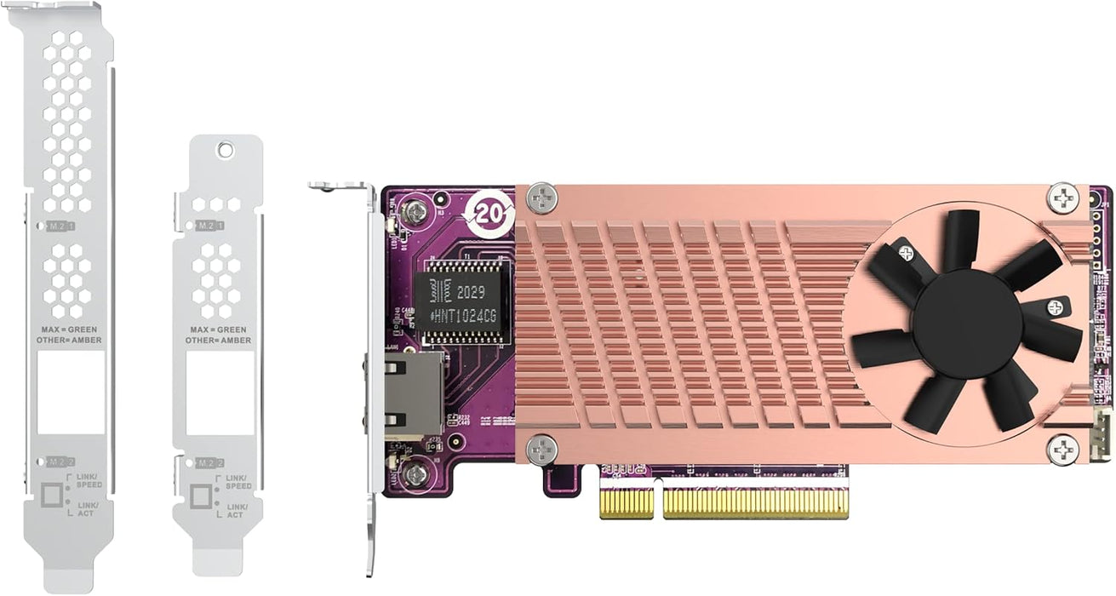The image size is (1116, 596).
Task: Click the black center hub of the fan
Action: point(966,320)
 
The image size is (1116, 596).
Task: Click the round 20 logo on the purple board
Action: point(492,214)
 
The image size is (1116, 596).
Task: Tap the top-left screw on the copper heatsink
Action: point(542,199)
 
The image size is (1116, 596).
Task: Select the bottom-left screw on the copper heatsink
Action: point(542,448)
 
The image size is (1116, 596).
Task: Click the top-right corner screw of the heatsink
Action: point(1062,198)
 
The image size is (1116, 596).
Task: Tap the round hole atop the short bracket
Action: point(225,150)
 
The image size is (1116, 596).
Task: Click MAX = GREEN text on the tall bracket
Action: point(72,329)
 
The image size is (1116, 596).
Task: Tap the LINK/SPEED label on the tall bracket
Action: point(89,480)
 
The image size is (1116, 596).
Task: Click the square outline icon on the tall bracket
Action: point(54,495)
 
